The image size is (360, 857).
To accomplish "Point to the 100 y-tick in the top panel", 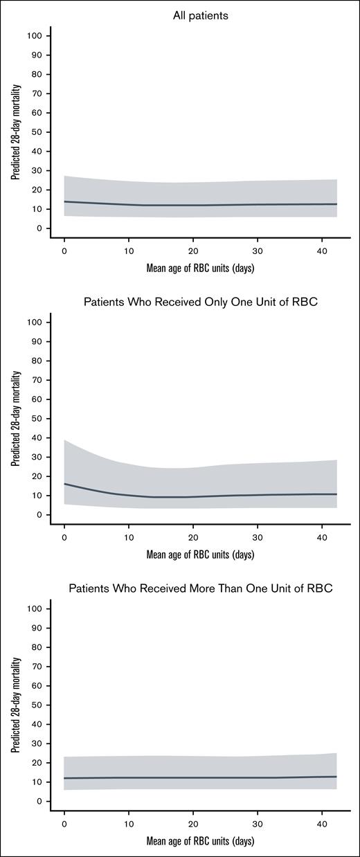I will (x=38, y=35).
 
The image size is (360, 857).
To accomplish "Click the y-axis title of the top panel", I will (x=15, y=132).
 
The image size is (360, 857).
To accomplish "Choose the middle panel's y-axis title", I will (x=15, y=418).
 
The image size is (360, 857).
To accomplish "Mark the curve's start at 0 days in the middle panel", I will (x=64, y=484).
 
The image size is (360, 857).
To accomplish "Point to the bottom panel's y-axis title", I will (x=15, y=705).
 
